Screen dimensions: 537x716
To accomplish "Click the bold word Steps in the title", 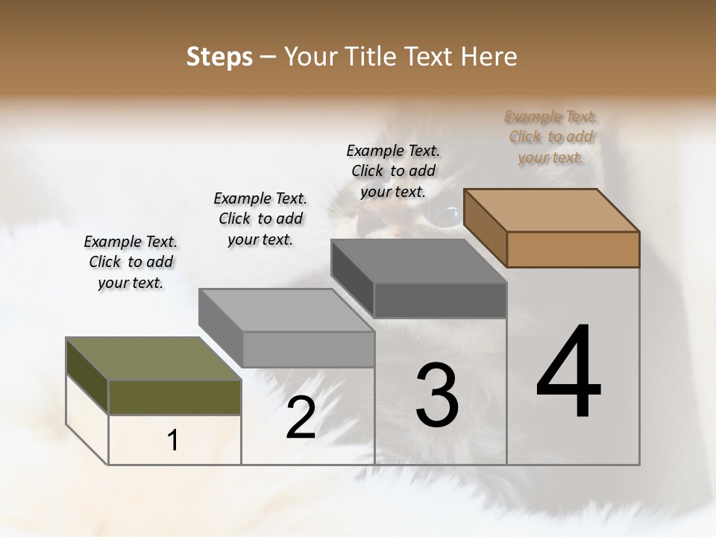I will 219,57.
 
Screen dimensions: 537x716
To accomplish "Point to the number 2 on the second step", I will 301,418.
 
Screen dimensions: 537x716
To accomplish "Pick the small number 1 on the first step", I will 173,440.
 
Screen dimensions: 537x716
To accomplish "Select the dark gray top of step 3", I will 418,261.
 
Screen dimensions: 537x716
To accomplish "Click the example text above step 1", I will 131,262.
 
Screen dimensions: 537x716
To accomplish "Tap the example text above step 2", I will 260,219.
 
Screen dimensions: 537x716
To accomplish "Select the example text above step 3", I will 393,171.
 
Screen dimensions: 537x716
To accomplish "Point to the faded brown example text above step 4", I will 550,136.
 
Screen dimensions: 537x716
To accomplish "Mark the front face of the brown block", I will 573,249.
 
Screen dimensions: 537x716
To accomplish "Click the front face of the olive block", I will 175,397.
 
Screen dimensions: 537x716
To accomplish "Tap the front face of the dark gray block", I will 440,300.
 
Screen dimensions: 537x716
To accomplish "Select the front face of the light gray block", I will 308,349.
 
